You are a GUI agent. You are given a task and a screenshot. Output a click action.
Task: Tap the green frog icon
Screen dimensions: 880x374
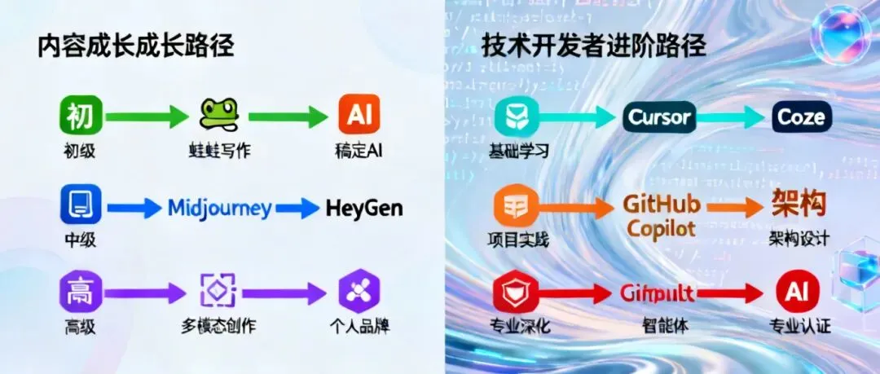pyautogui.click(x=218, y=115)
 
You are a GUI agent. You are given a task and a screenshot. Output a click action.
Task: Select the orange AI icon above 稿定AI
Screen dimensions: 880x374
pyautogui.click(x=359, y=116)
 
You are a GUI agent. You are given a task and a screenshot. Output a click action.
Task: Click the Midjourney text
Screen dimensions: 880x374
pyautogui.click(x=219, y=208)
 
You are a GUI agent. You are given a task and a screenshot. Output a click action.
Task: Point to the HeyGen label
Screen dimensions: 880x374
pyautogui.click(x=363, y=208)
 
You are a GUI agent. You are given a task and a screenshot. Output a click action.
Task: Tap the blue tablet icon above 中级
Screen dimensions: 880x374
pyautogui.click(x=80, y=205)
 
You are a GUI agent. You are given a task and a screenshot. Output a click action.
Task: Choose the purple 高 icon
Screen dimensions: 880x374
pyautogui.click(x=80, y=292)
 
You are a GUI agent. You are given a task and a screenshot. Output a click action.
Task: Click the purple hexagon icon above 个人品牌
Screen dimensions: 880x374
pyautogui.click(x=359, y=292)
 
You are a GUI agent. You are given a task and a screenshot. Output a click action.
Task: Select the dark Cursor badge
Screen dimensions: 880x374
pyautogui.click(x=660, y=117)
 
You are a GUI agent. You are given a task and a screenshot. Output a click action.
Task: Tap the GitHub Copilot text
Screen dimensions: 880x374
pyautogui.click(x=661, y=215)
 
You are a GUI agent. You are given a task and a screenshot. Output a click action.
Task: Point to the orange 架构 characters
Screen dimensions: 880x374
pyautogui.click(x=799, y=204)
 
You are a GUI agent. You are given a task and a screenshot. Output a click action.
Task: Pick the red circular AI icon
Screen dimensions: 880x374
pyautogui.click(x=797, y=292)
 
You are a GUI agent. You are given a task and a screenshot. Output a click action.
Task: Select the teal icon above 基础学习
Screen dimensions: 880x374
pyautogui.click(x=517, y=117)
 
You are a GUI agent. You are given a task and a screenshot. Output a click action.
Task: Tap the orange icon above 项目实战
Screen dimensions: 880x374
pyautogui.click(x=517, y=205)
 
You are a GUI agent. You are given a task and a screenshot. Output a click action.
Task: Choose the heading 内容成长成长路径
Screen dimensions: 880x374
pyautogui.click(x=136, y=46)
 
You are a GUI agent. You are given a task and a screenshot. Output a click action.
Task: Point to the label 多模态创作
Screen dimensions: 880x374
pyautogui.click(x=218, y=327)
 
